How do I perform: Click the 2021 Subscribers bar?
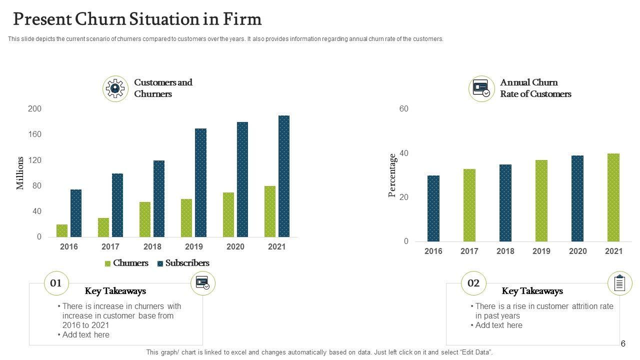coord(284,176)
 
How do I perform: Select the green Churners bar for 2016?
coord(62,230)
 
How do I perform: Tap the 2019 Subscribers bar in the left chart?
coord(200,182)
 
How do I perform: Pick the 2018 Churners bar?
coord(145,219)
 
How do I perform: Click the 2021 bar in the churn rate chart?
coord(613,197)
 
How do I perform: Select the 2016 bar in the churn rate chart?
coord(433,208)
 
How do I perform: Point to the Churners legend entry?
coord(126,263)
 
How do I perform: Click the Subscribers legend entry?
coord(183,263)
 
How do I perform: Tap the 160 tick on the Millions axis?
coord(35,134)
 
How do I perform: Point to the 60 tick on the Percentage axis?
coord(404,109)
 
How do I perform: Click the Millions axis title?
coord(20,173)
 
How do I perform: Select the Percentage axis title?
coord(393,175)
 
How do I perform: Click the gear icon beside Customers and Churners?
coord(115,89)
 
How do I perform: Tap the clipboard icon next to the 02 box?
coord(619,283)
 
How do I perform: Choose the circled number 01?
coord(56,283)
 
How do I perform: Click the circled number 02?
coord(473,283)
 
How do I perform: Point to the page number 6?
coord(623,343)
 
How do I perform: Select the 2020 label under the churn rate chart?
coord(577,251)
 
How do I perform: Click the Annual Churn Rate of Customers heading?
coord(535,88)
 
